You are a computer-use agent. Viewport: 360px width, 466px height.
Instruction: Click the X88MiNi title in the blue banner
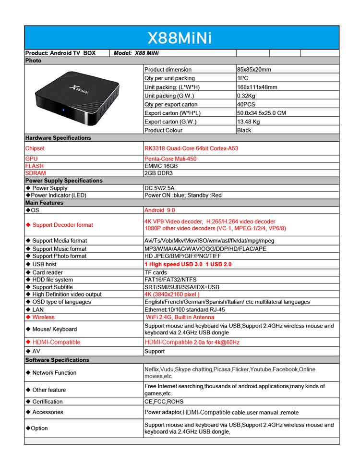180,38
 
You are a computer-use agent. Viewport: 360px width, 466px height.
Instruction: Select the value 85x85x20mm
254,70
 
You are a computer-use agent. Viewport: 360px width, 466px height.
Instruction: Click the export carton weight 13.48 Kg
249,122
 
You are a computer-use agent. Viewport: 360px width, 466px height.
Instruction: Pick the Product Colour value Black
244,130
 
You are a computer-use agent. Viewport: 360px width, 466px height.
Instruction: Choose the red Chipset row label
35,148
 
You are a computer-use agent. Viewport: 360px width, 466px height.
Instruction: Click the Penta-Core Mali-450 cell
170,159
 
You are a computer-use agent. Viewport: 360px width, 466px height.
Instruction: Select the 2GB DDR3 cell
158,173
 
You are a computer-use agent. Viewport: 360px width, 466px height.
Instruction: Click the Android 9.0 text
161,210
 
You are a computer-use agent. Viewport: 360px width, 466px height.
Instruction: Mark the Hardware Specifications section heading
58,138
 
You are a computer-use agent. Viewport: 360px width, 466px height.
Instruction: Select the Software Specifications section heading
57,360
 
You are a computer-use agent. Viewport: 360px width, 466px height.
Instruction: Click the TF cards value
156,272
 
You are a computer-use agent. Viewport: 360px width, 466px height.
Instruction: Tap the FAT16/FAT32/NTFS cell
170,280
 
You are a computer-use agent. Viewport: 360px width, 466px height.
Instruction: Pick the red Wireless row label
43,317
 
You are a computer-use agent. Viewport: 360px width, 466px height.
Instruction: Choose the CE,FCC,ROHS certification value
164,402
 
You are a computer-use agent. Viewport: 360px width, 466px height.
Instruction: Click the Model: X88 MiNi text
136,53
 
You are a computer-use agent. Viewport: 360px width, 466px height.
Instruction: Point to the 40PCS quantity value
246,104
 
